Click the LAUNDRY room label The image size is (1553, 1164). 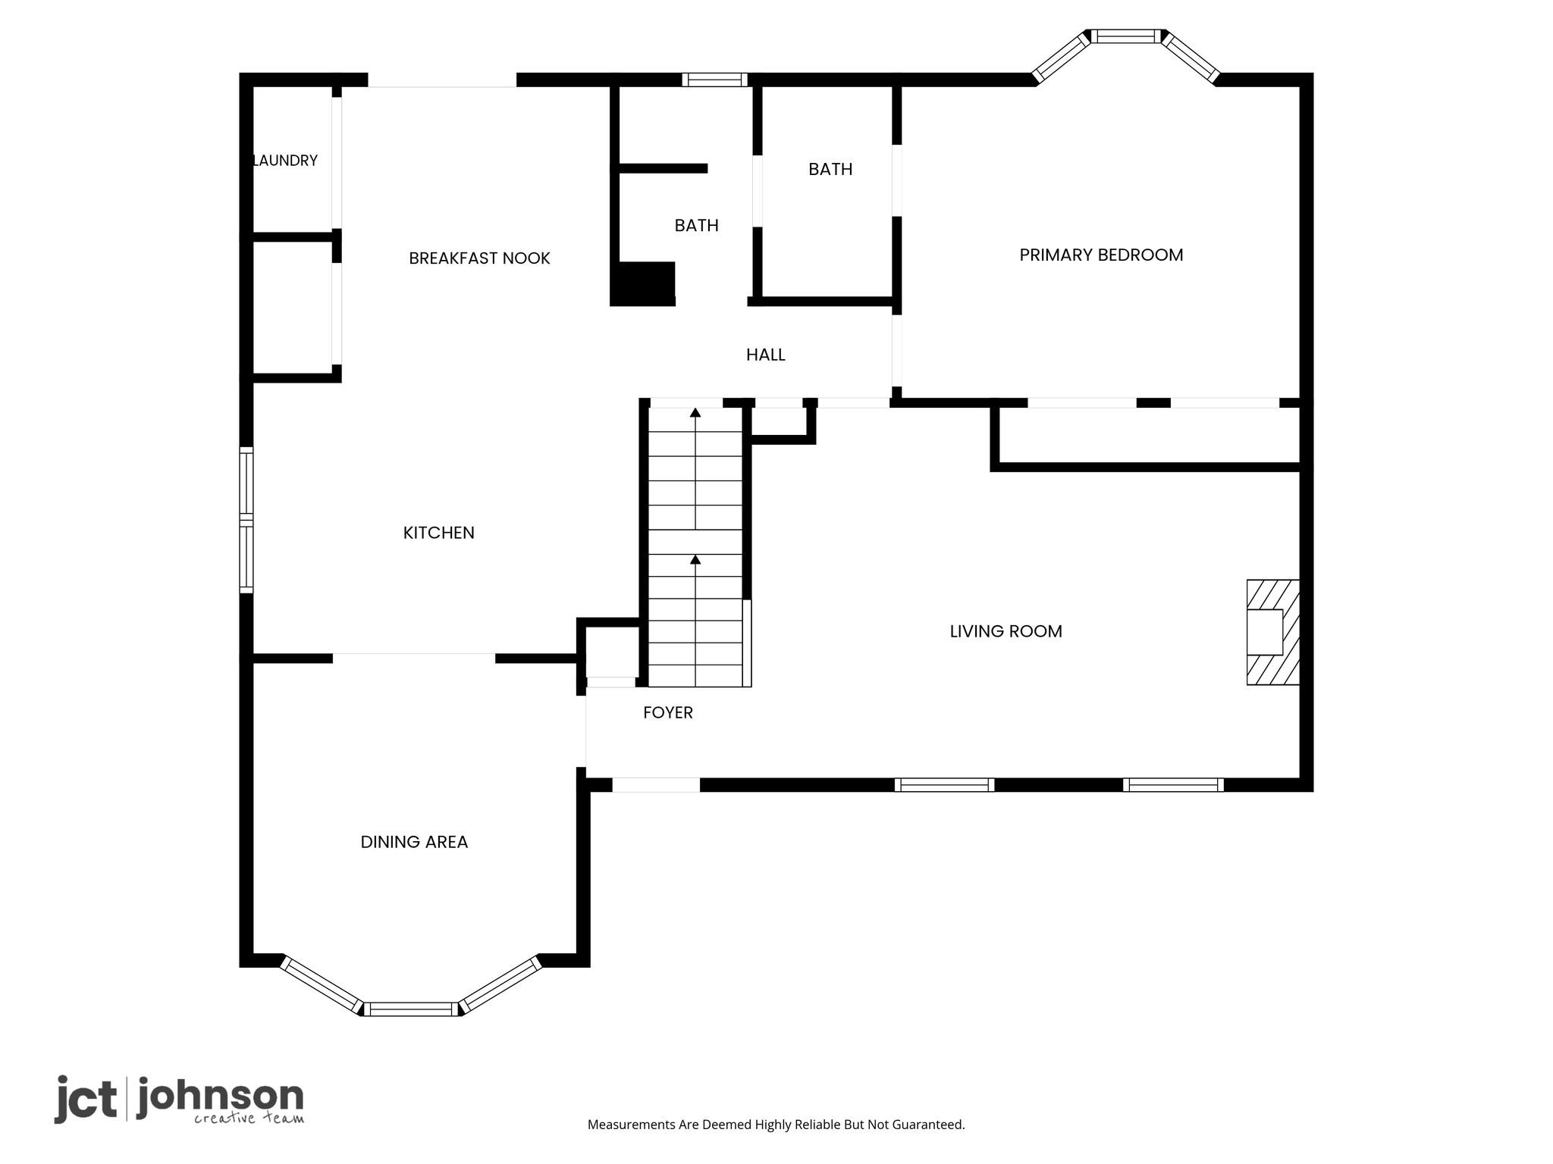tap(285, 161)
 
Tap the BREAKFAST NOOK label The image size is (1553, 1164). tap(479, 258)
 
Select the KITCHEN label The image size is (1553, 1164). tap(439, 533)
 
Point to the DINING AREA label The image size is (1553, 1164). tap(414, 842)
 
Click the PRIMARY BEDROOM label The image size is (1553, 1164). tap(1101, 255)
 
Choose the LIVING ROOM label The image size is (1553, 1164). tap(1006, 631)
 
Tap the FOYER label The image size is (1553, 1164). tap(668, 712)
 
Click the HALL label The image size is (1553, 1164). tap(766, 355)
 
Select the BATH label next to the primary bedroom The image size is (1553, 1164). tap(830, 169)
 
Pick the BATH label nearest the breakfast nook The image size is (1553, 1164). tap(697, 225)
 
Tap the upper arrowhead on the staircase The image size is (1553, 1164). tap(695, 413)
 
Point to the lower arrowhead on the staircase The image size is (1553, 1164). tap(695, 560)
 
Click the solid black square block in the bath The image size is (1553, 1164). tap(643, 284)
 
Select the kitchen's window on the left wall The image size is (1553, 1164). tap(246, 520)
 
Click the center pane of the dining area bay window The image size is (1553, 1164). tap(411, 1009)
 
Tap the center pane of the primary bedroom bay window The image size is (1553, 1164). tap(1126, 36)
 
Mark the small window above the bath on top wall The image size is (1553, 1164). tap(714, 80)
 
